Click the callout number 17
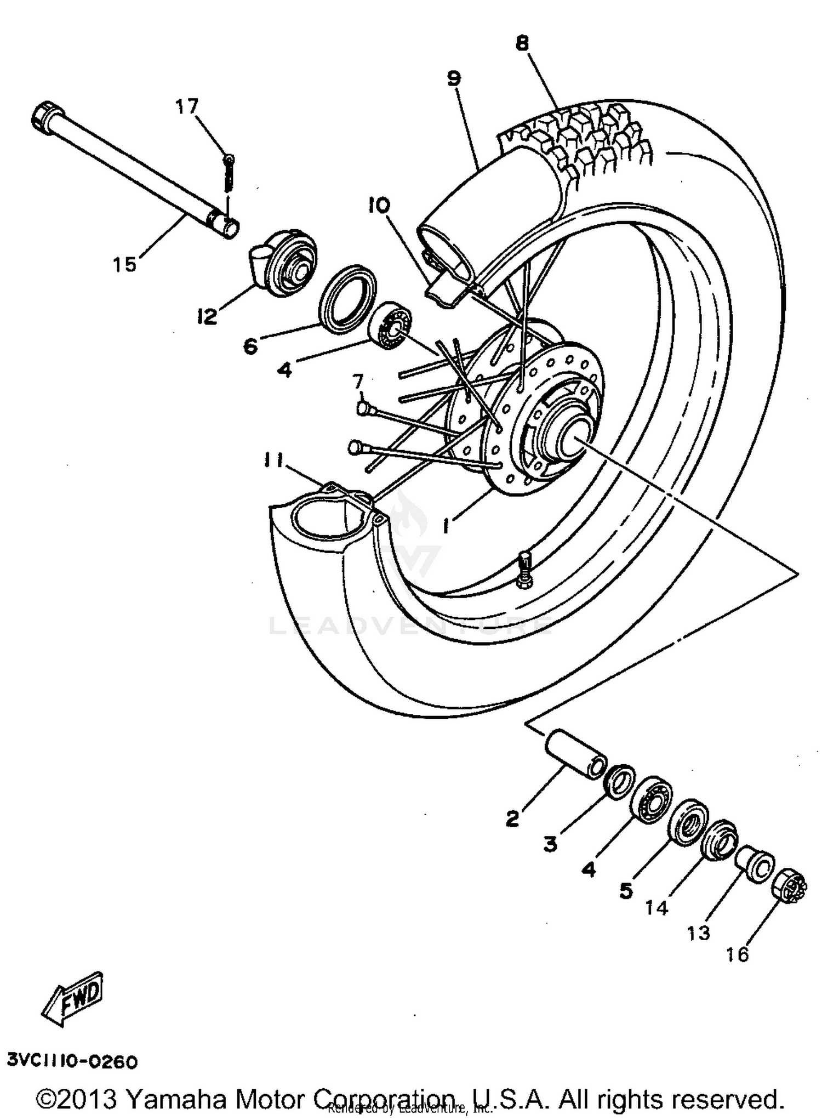186,106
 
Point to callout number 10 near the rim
379,206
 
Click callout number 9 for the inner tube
454,78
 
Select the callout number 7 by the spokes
358,380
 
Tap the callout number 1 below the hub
446,526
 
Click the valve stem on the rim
524,570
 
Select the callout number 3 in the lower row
550,844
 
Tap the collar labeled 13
755,865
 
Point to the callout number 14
657,908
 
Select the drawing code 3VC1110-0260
72,1062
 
